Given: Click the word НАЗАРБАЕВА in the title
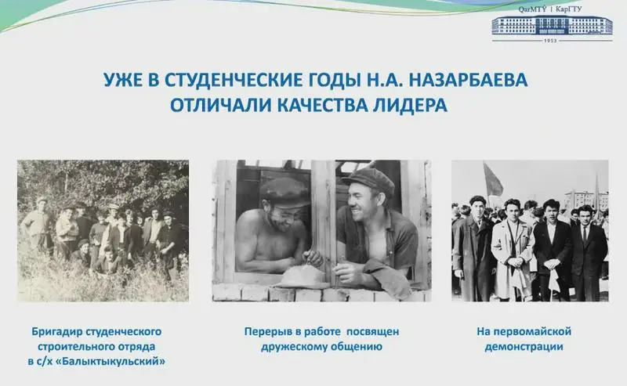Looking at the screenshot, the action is [x=469, y=80].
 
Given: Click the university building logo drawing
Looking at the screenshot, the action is [x=552, y=25].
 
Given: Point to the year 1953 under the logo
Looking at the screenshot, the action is [x=552, y=41].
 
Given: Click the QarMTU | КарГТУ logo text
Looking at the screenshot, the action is [x=550, y=9].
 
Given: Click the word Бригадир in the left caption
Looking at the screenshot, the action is [x=56, y=332].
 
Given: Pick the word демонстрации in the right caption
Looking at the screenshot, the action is [x=524, y=346].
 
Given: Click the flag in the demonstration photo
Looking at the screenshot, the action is [x=493, y=180].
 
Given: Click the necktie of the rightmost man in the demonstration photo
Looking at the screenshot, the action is [x=585, y=234].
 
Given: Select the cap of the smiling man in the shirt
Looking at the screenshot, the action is [x=368, y=181].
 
